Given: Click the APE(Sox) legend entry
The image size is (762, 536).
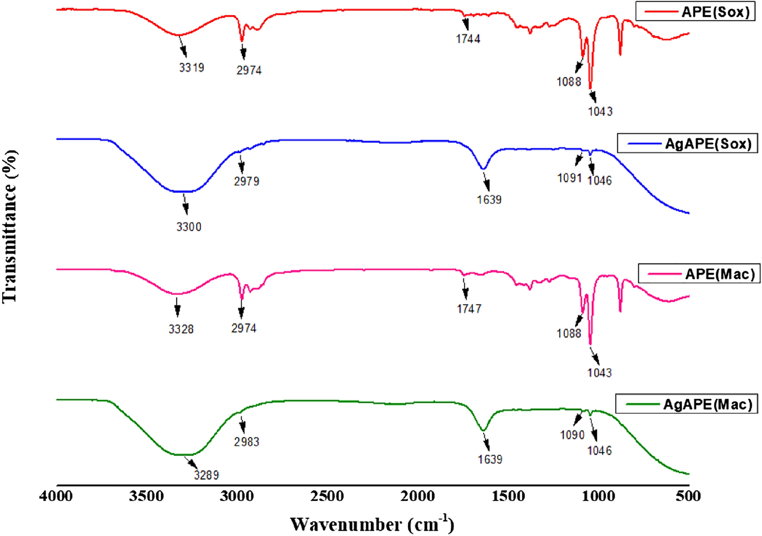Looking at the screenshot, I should (x=695, y=12).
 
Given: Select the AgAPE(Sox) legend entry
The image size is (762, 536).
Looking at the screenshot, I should (x=688, y=144).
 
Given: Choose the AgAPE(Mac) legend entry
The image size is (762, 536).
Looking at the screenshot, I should (x=687, y=404).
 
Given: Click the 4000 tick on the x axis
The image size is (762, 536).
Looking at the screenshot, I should (x=56, y=496).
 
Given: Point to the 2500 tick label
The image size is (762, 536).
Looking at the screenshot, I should (x=327, y=496).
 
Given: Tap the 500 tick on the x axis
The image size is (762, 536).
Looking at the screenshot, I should (x=689, y=496).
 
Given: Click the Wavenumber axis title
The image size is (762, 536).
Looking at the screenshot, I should (x=372, y=524).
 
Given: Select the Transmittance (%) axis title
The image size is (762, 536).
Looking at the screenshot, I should (x=10, y=226).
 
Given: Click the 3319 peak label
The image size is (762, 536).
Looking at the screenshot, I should (x=192, y=68).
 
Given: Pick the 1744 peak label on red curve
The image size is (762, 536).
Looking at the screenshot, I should (x=468, y=39).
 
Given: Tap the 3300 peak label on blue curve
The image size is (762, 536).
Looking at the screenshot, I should (x=189, y=227).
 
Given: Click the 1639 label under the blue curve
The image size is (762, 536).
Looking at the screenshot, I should (x=489, y=200).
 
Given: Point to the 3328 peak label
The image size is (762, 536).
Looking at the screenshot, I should (x=181, y=329).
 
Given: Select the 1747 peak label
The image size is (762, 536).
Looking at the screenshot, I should (x=469, y=309).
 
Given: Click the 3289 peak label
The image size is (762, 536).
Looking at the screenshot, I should (x=207, y=475).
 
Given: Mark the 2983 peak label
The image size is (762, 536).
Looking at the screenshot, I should (x=246, y=442).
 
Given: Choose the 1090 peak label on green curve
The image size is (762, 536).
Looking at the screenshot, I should (x=572, y=435).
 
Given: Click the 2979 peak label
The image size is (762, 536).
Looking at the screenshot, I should (x=246, y=181).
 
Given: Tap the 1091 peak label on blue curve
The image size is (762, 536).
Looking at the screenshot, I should (x=569, y=178).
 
